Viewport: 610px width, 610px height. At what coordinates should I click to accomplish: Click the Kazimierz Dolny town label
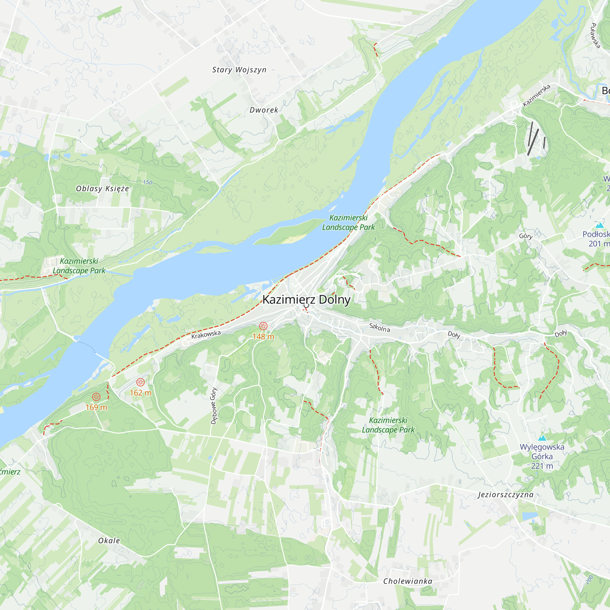click(306, 299)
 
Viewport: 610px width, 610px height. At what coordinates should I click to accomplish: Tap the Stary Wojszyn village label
click(239, 70)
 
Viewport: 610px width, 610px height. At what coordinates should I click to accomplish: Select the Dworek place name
click(264, 110)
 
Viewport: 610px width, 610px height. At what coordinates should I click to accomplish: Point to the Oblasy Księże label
click(102, 188)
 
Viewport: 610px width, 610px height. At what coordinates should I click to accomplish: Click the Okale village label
click(109, 540)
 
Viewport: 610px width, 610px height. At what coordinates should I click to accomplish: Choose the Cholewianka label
click(407, 581)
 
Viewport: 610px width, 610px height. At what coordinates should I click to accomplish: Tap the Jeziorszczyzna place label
click(505, 495)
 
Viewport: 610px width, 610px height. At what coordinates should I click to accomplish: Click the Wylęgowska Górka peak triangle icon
click(542, 438)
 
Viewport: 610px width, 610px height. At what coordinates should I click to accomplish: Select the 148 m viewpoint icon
click(263, 326)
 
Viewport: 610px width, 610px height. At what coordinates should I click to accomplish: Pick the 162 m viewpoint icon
click(141, 382)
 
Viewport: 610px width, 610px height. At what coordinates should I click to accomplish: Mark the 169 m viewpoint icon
click(96, 397)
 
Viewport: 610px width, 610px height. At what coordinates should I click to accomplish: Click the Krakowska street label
click(206, 335)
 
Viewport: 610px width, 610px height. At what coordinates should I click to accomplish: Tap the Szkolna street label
click(379, 328)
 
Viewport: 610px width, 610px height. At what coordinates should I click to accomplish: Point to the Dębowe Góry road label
click(214, 406)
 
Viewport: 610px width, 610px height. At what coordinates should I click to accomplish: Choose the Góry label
click(526, 236)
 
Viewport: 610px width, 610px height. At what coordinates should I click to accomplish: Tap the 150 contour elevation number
click(147, 182)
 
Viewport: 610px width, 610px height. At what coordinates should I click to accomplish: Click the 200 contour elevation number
click(590, 580)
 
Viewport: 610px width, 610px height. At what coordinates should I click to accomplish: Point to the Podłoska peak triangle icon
click(599, 225)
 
